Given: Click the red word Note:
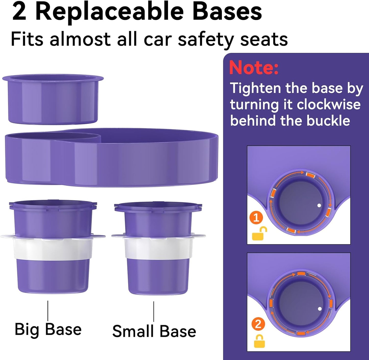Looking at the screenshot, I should (254, 68).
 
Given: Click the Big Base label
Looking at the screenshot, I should (48, 329).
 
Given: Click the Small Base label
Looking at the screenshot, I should (154, 331).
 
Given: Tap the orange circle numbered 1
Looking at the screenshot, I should (256, 218).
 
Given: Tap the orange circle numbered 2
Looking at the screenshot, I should (258, 324).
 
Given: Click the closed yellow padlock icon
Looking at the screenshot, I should (259, 341).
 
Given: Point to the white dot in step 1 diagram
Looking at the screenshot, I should (319, 205).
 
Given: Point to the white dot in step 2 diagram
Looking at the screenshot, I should (319, 309).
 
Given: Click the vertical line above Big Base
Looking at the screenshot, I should (48, 310).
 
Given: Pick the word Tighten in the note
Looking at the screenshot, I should (255, 88).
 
